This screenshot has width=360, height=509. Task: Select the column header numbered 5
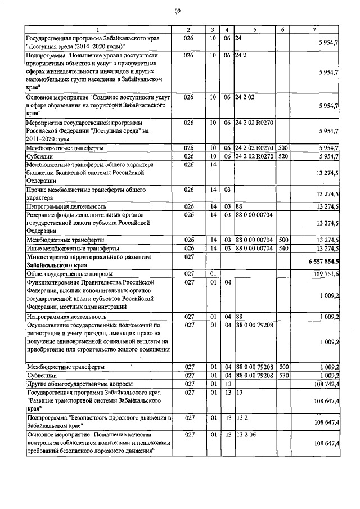(x=254, y=29)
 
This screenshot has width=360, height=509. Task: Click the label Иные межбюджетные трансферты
(x=73, y=248)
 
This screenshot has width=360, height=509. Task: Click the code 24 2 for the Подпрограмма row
(x=241, y=56)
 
